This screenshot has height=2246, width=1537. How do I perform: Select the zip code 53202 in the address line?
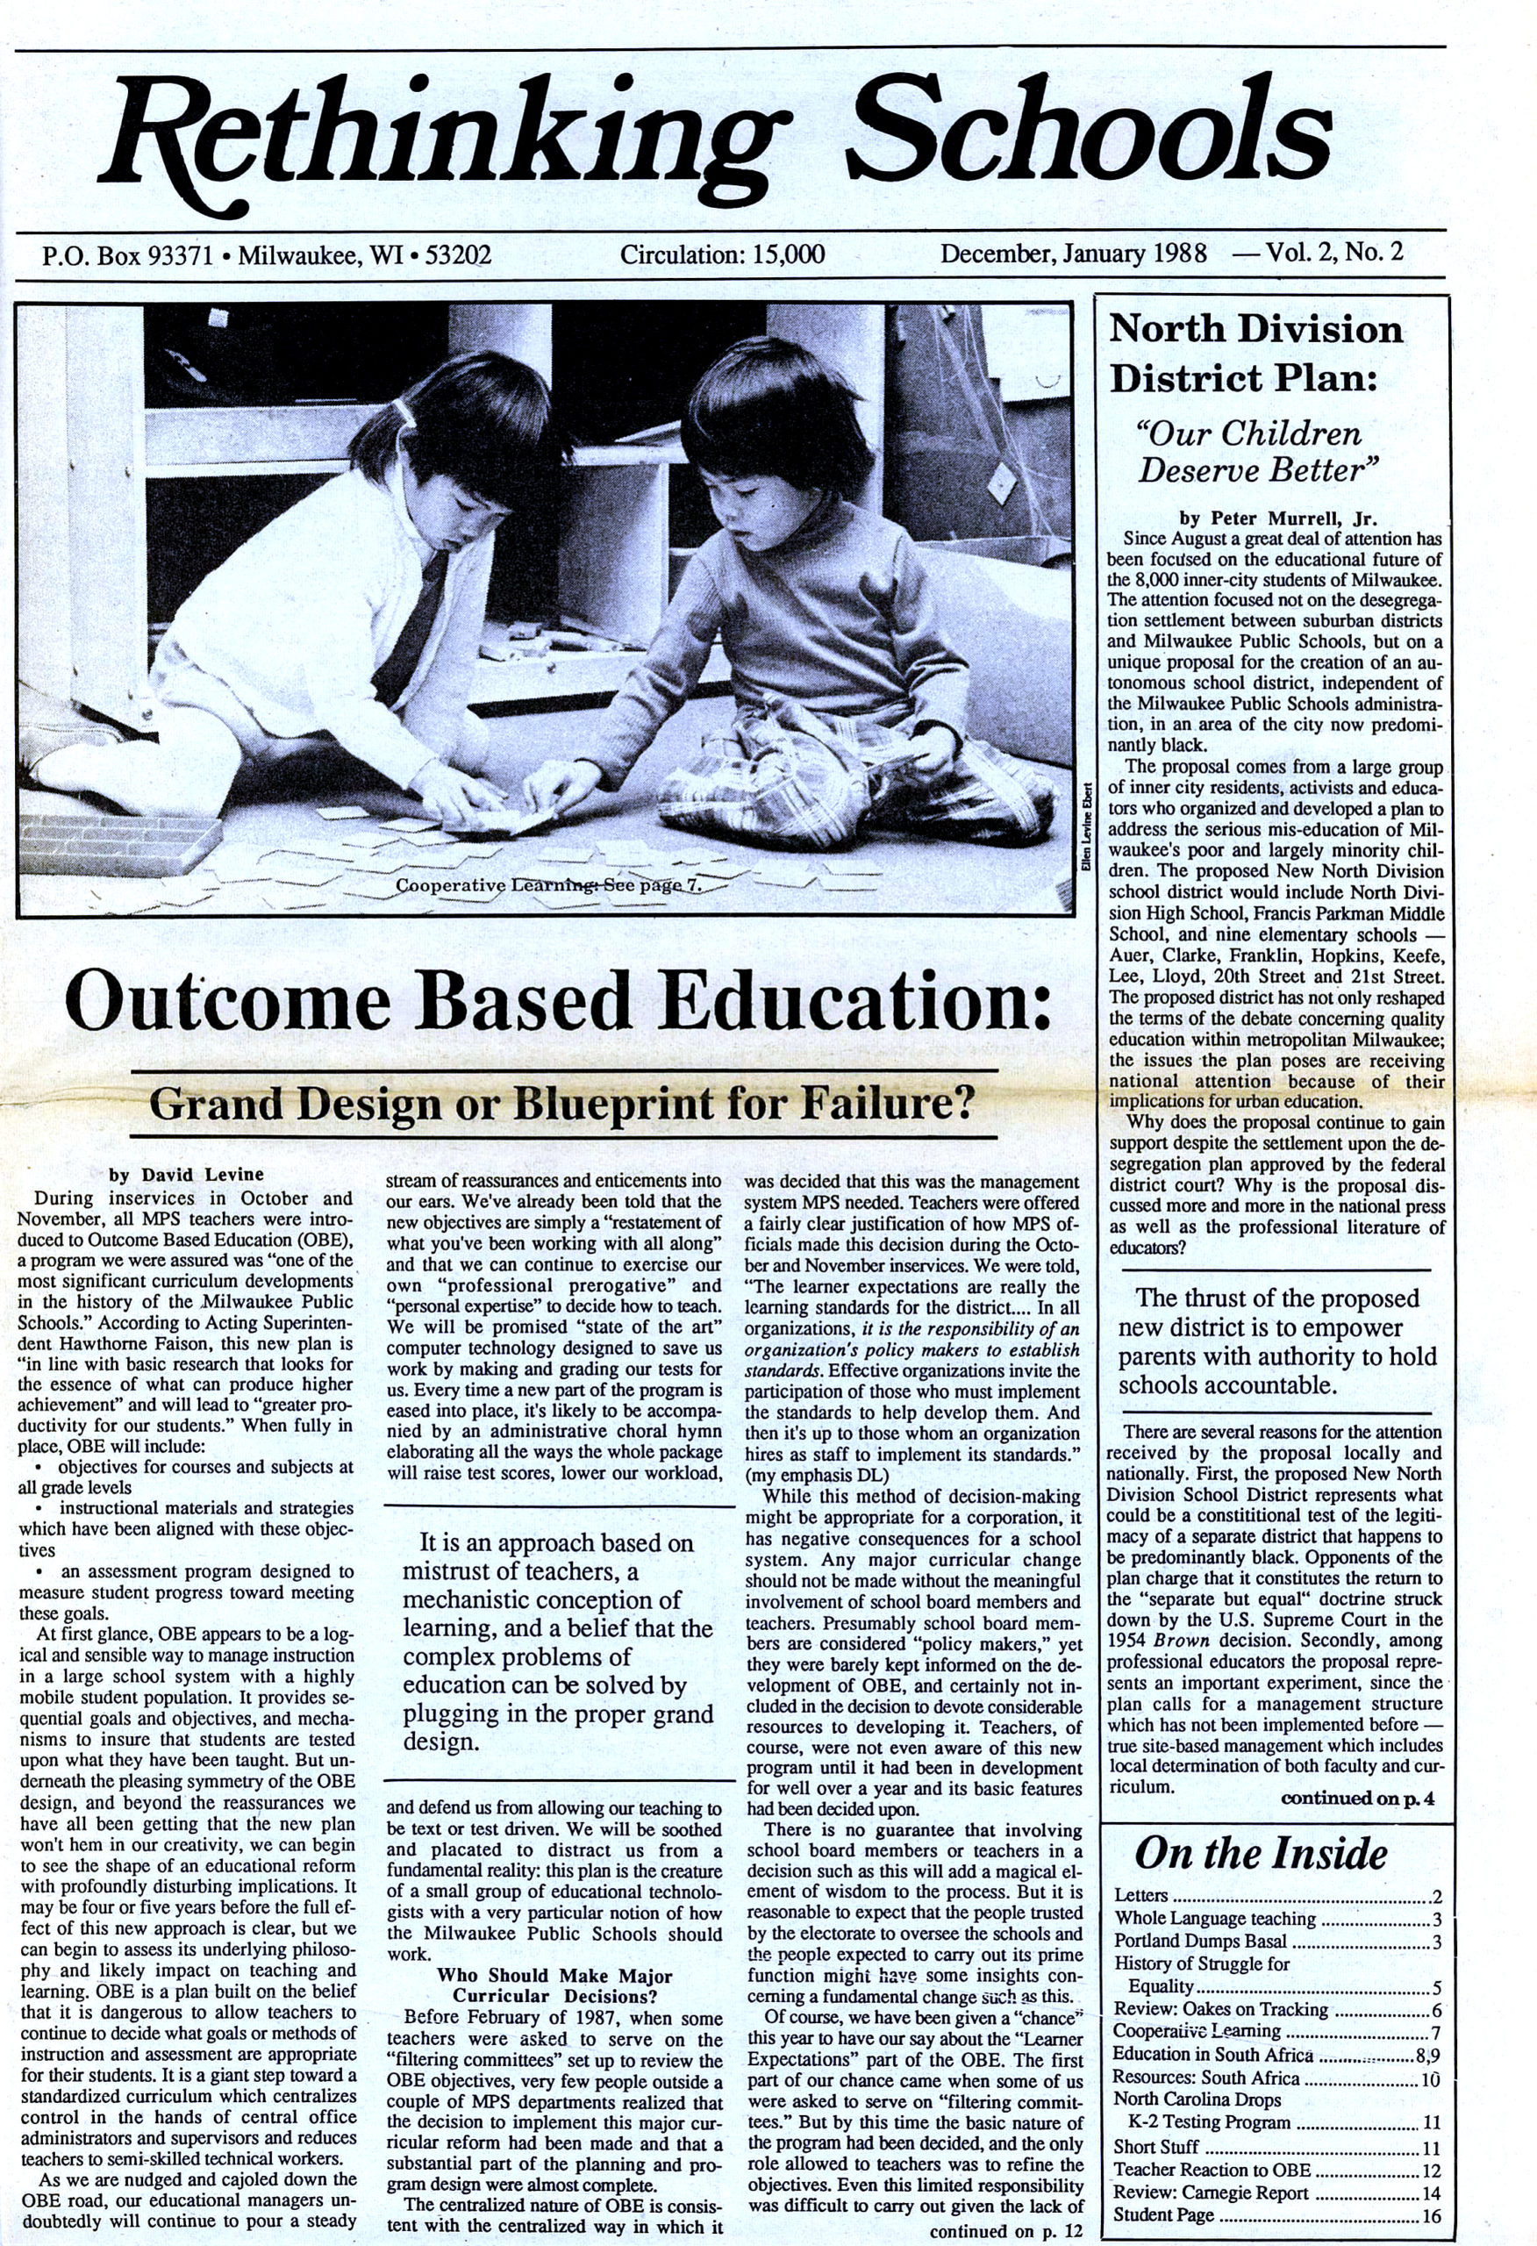pos(458,256)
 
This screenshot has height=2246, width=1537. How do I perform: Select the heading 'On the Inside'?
pos(1260,1854)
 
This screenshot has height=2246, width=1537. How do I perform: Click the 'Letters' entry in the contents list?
pos(1140,1896)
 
